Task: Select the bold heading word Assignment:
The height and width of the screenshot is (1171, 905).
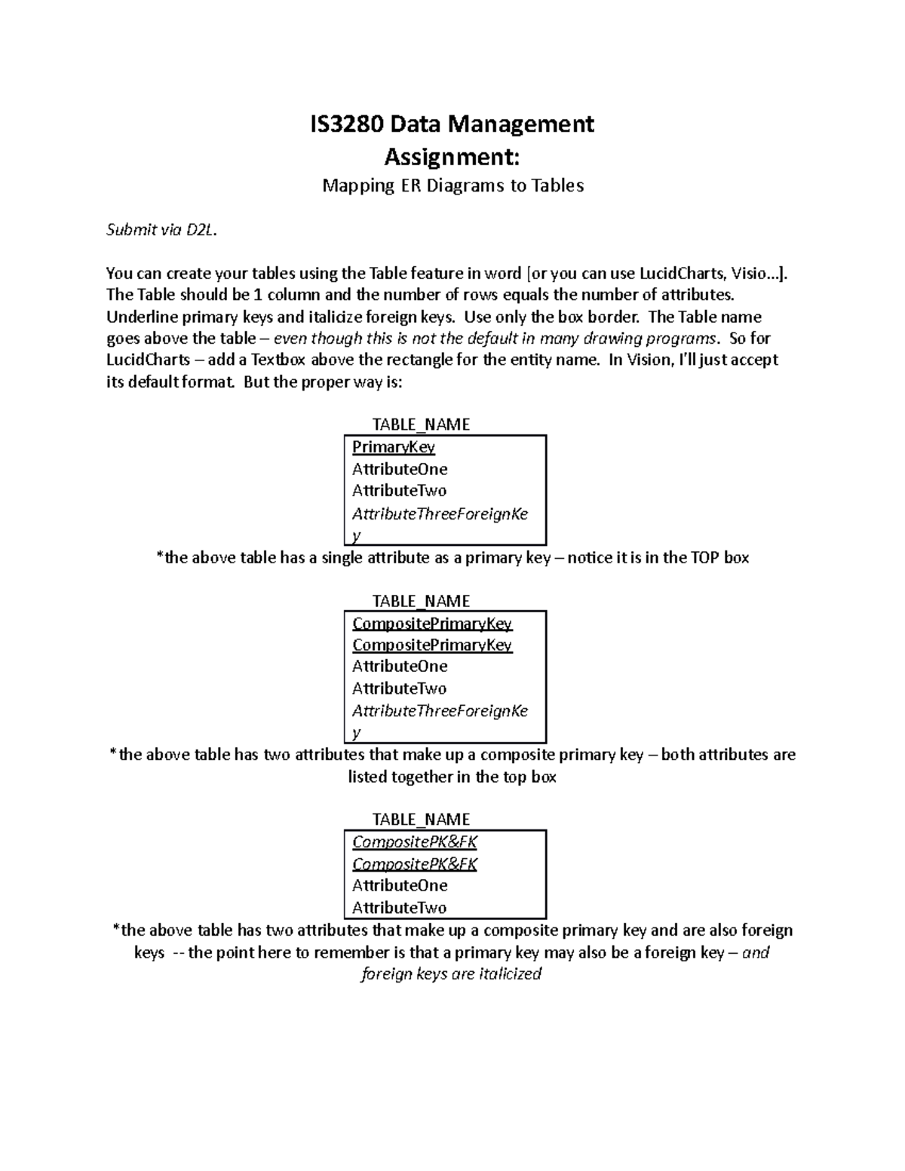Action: pyautogui.click(x=452, y=158)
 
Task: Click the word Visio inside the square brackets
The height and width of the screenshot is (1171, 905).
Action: pyautogui.click(x=743, y=273)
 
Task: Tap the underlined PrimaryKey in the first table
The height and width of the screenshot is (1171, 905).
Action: pyautogui.click(x=394, y=447)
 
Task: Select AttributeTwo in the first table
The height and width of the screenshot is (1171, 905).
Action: pyautogui.click(x=399, y=491)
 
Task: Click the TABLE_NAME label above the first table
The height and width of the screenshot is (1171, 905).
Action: pyautogui.click(x=421, y=425)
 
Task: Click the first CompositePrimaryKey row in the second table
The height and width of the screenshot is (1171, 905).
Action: pyautogui.click(x=432, y=624)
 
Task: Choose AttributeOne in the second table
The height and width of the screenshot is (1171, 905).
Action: pyautogui.click(x=400, y=667)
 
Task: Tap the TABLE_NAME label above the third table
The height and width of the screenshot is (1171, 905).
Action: pyautogui.click(x=421, y=820)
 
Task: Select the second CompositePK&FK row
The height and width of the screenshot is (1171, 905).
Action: pyautogui.click(x=415, y=864)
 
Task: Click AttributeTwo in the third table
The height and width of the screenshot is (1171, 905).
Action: pyautogui.click(x=399, y=908)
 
